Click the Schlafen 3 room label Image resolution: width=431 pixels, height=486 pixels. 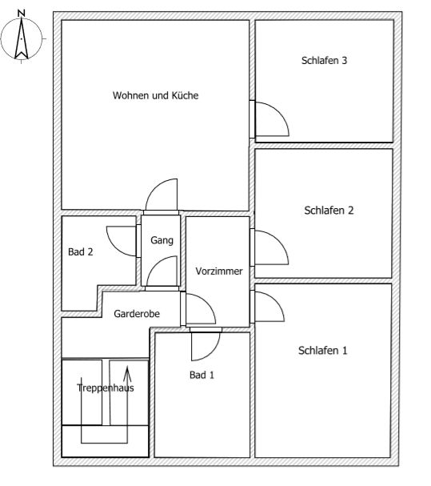[324, 60]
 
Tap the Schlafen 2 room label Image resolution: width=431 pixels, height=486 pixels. [329, 211]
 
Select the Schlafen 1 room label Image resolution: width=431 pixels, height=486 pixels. [322, 351]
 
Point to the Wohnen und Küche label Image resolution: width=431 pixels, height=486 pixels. [155, 95]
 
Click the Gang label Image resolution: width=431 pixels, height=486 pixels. [162, 240]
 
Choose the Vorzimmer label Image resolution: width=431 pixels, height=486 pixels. [219, 271]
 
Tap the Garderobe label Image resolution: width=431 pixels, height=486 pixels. [137, 314]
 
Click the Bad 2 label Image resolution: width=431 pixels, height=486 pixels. [81, 251]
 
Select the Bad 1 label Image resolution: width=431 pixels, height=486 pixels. [202, 375]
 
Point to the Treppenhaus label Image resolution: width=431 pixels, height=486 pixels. [106, 388]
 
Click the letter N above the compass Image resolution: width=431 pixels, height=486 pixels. [21, 14]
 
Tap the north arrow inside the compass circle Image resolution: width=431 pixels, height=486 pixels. [22, 38]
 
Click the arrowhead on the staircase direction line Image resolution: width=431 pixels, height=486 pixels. [127, 374]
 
